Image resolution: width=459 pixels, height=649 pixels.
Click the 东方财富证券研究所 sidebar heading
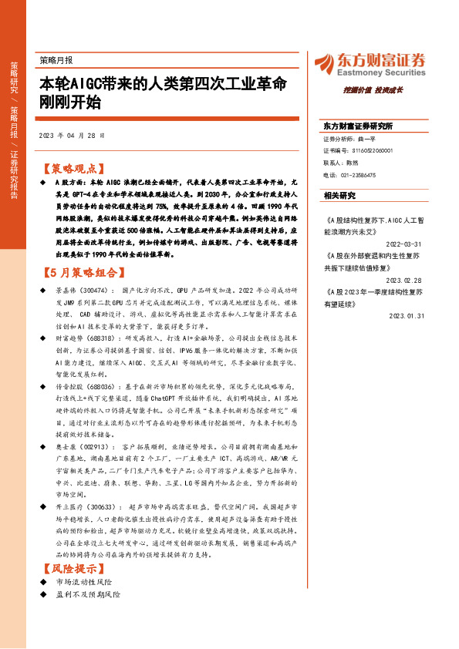pos(357,126)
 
